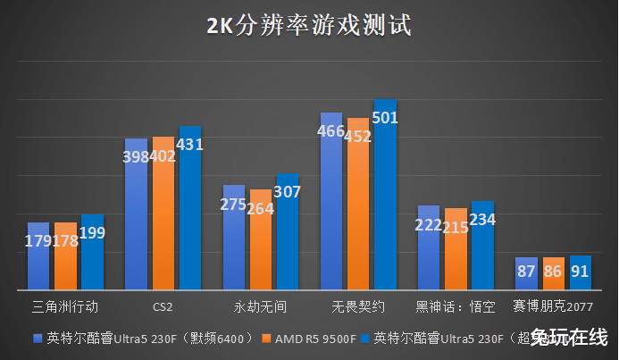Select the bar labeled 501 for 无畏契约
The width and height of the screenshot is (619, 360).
click(385, 197)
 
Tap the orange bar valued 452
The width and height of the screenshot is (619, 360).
click(358, 205)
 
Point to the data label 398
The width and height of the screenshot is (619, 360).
click(137, 157)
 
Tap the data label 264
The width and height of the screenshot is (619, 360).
click(260, 209)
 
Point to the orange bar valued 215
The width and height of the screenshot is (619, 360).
click(456, 255)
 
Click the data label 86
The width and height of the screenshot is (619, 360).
click(554, 272)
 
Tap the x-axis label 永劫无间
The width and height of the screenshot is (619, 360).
click(260, 306)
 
